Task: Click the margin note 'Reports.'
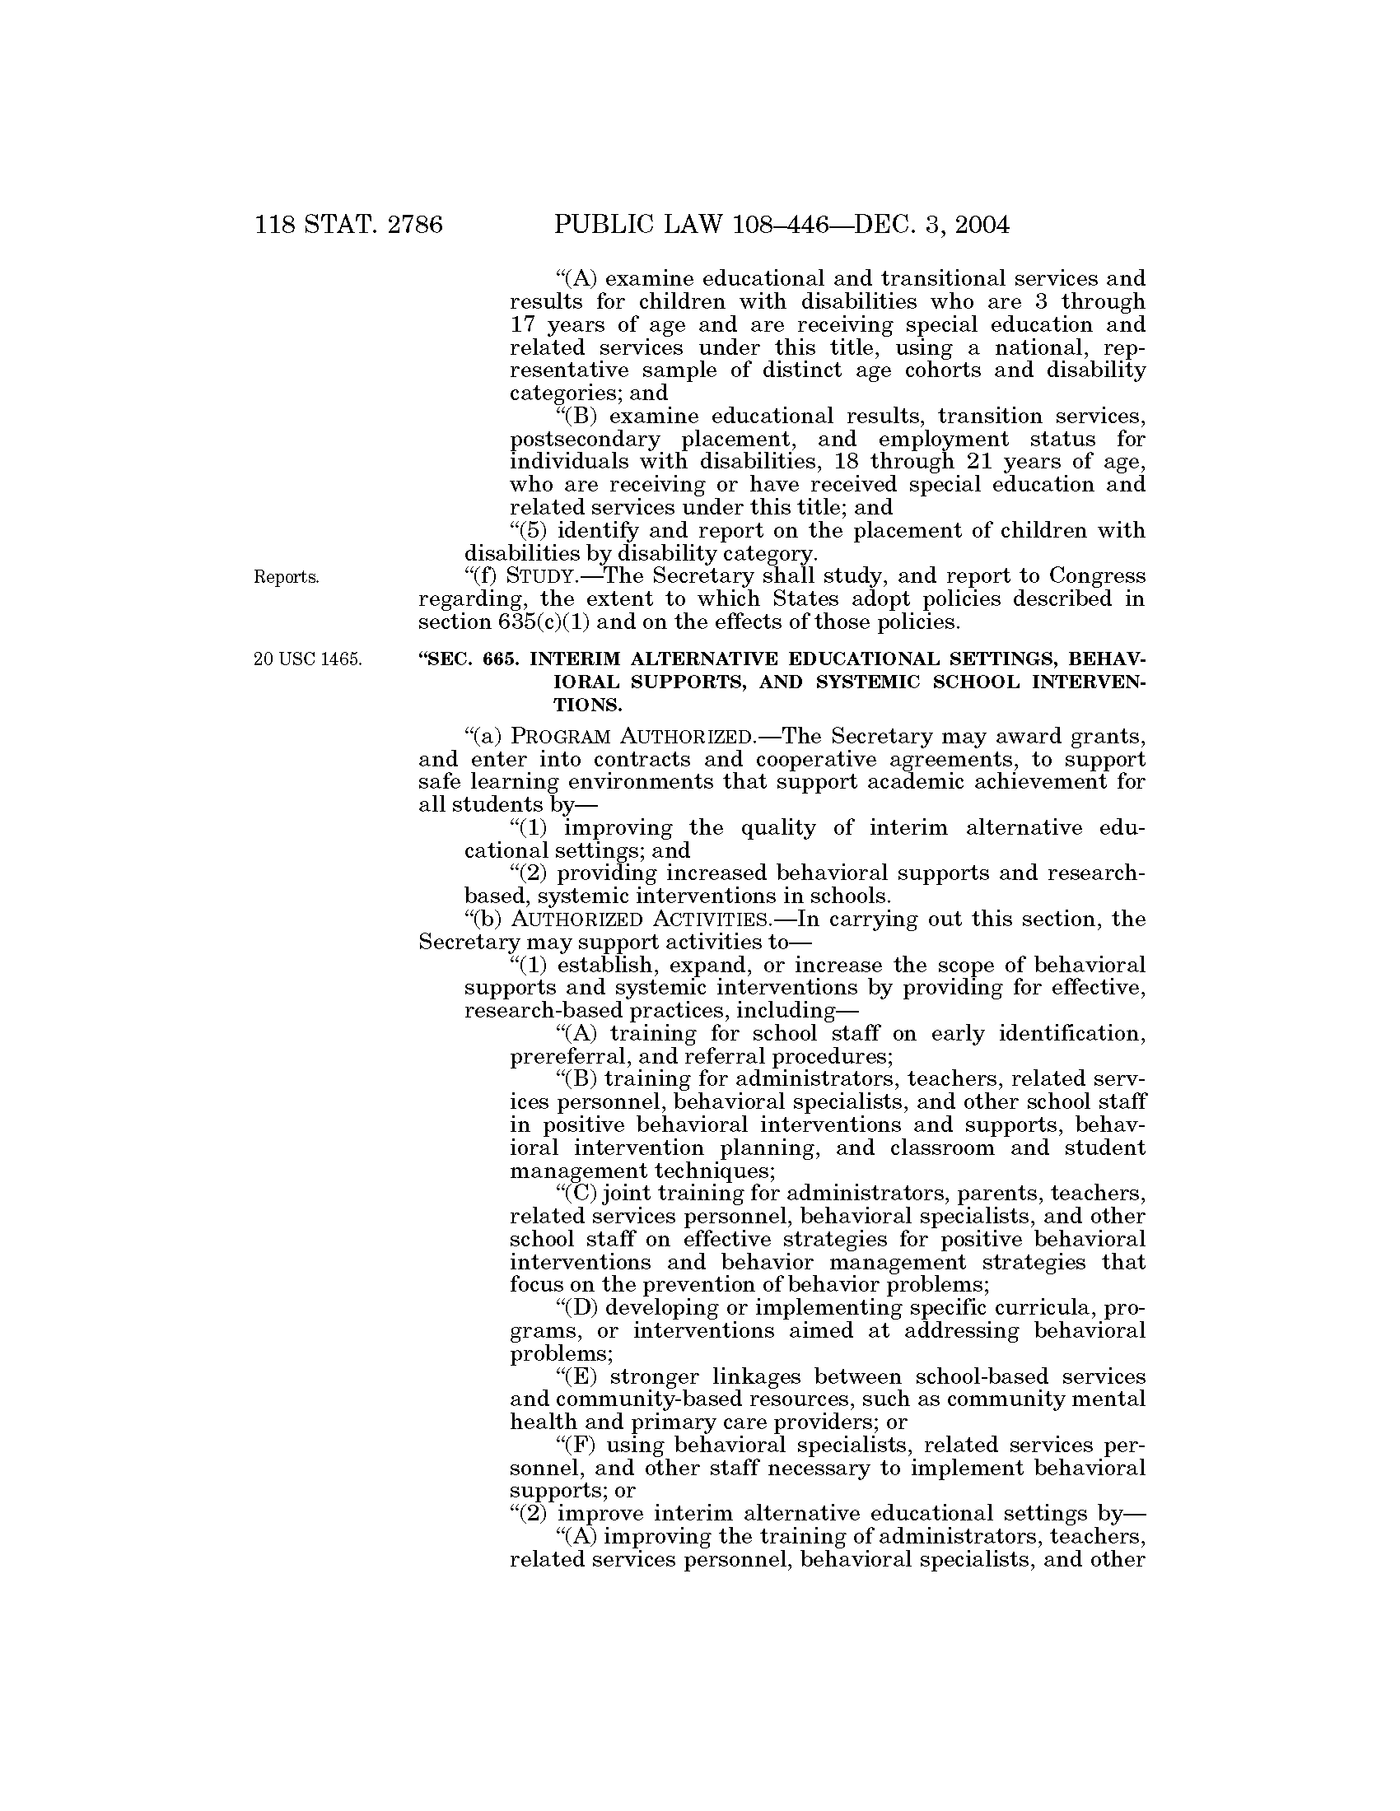point(286,578)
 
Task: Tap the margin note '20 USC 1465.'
point(308,660)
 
